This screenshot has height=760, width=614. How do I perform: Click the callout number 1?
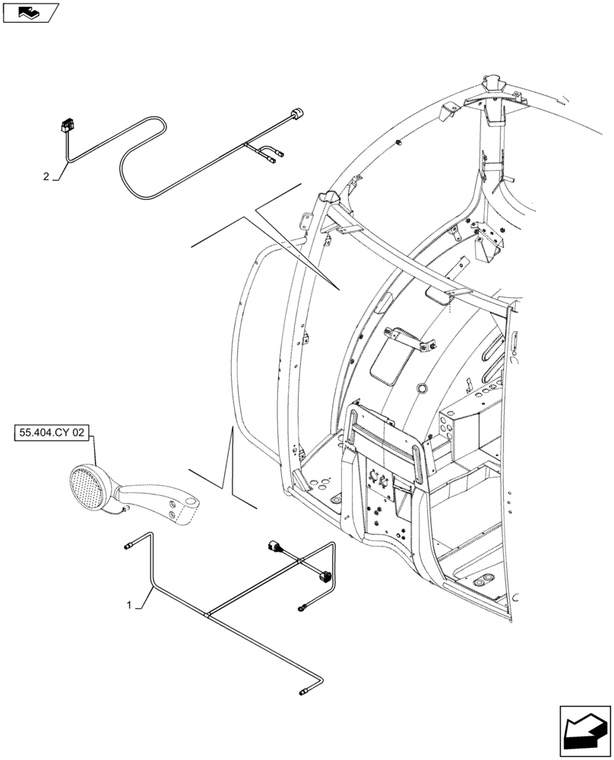point(130,606)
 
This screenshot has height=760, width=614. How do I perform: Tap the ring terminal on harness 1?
point(302,606)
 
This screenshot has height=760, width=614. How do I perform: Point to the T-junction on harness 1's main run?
point(209,613)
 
